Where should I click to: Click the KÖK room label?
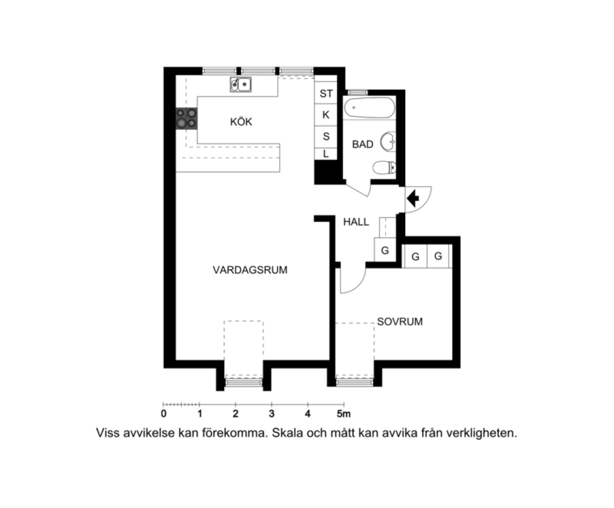tap(241, 121)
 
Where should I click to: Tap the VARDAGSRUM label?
tap(250, 270)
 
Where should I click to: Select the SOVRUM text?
tap(400, 322)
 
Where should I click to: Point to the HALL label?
tap(356, 222)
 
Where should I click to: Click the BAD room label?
tap(363, 144)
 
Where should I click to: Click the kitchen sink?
tap(240, 84)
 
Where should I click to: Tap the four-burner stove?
tap(186, 119)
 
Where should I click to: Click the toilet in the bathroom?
tap(384, 168)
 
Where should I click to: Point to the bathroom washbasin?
tap(388, 142)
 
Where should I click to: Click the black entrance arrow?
tap(413, 198)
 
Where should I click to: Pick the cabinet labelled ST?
tap(326, 93)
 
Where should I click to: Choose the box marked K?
tap(326, 115)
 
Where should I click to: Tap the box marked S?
tap(326, 137)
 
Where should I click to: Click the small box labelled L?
tap(326, 154)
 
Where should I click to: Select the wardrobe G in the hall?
tap(385, 250)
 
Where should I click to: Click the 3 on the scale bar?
tap(271, 414)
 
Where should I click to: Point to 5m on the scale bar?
tap(344, 414)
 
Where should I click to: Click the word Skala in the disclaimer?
tap(285, 433)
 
